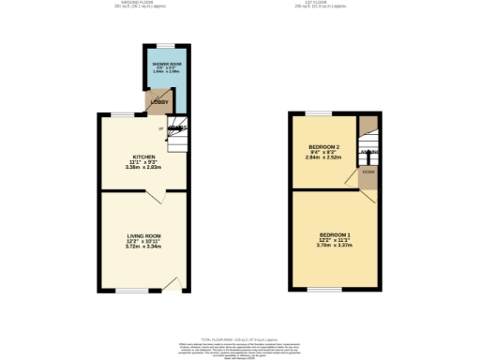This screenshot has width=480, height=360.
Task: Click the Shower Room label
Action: coord(169,64)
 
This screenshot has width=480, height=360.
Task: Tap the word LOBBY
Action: coord(160,103)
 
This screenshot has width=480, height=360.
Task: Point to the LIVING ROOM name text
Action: coord(144,235)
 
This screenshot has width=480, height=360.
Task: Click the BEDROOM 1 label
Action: coord(335,233)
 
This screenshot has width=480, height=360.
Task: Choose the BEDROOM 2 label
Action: coord(323,148)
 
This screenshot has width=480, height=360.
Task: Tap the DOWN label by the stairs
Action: coord(368,172)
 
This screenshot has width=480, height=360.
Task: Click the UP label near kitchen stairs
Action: coord(160,128)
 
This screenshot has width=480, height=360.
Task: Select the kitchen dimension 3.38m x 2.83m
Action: coord(144,168)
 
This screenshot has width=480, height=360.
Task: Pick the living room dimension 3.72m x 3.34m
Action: coord(144,247)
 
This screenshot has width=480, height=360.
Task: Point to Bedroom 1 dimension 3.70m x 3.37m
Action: coord(335,245)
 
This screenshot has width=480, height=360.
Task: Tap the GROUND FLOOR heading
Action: coord(126,4)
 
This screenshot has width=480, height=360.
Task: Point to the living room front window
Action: coord(130,291)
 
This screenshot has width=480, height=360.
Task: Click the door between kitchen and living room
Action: coord(156,194)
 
